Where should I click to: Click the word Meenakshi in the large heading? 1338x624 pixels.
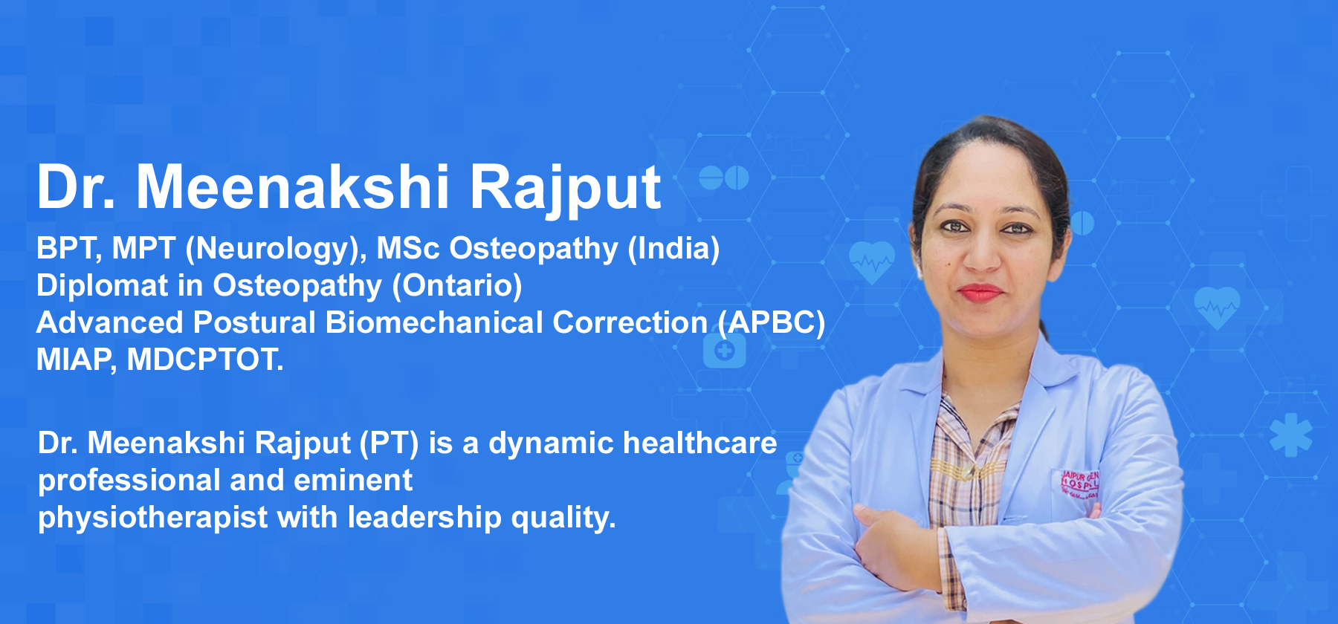pos(293,187)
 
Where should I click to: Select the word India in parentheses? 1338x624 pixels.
pos(673,248)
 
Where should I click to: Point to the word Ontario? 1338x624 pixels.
pos(457,285)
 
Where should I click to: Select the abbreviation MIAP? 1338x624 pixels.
pos(74,360)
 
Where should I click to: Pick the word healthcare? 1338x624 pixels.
pos(699,443)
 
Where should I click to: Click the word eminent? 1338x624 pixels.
pos(353,480)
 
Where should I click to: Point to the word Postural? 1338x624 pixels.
pos(254,322)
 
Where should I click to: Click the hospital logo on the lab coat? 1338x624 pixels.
pos(1079,484)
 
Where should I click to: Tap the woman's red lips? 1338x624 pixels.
pos(980,293)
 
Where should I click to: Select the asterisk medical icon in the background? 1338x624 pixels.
pos(1291,435)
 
